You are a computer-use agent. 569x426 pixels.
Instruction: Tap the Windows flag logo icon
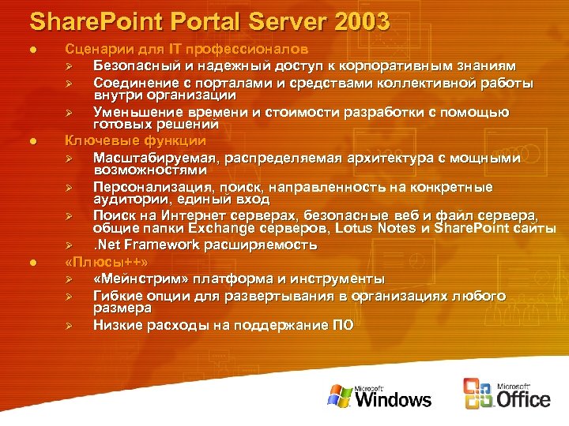pos(341,394)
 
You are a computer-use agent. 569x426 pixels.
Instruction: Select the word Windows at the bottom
pos(393,398)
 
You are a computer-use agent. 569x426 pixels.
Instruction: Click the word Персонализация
pos(156,188)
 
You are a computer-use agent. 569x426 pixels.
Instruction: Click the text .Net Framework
pos(148,245)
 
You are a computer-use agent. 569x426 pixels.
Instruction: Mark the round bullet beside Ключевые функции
pos(32,141)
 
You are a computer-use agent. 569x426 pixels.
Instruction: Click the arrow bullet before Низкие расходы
pos(69,325)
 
